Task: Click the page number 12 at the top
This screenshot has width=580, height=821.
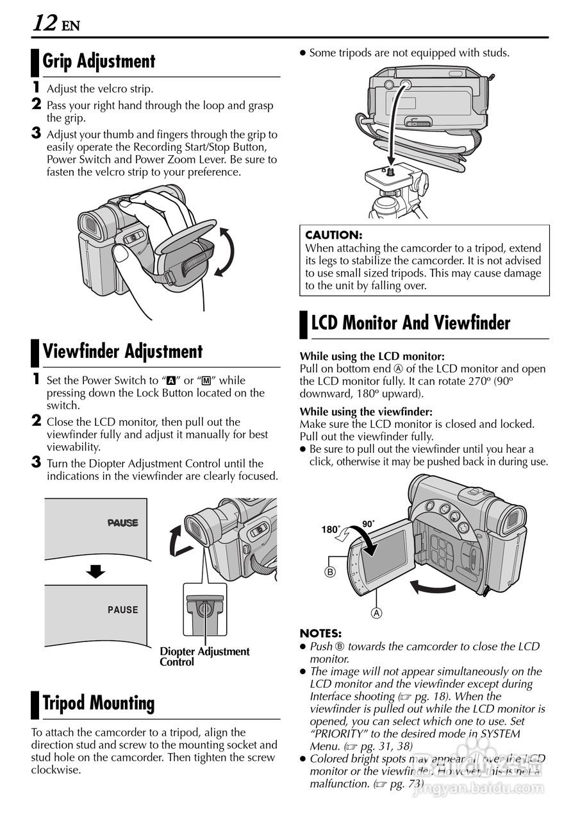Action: [45, 22]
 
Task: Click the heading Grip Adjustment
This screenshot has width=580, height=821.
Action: [99, 61]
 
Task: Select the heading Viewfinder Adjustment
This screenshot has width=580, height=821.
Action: [122, 351]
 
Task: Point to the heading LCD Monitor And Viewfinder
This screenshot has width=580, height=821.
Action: [410, 323]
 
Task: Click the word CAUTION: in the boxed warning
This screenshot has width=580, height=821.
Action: [333, 235]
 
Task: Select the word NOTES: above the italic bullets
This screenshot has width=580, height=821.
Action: [320, 633]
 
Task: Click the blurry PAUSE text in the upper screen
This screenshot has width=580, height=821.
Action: [122, 523]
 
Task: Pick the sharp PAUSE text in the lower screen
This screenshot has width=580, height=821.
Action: [122, 610]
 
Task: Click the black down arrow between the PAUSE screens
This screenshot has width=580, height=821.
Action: [96, 571]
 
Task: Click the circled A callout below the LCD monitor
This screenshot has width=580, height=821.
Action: [376, 613]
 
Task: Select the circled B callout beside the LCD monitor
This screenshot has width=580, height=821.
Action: [330, 571]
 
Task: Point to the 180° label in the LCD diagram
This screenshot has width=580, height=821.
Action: [330, 529]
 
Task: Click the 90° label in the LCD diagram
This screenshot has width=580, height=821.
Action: [369, 523]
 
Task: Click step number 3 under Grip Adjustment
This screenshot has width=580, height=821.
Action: [36, 133]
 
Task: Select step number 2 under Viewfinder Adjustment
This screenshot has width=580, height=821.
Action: [37, 420]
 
